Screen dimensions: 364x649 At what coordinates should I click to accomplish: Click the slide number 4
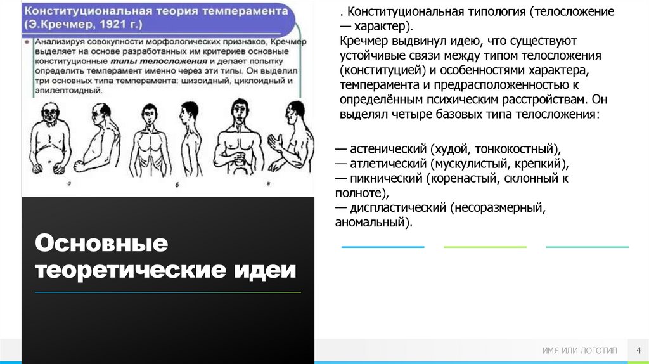click(638, 351)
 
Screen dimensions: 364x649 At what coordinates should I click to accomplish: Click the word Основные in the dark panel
click(101, 244)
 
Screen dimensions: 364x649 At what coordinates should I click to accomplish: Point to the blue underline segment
click(382, 247)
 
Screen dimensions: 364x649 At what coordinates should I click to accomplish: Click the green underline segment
click(485, 247)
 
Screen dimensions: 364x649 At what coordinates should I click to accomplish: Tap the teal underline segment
click(588, 247)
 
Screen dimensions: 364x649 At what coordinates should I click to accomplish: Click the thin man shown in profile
click(188, 141)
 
